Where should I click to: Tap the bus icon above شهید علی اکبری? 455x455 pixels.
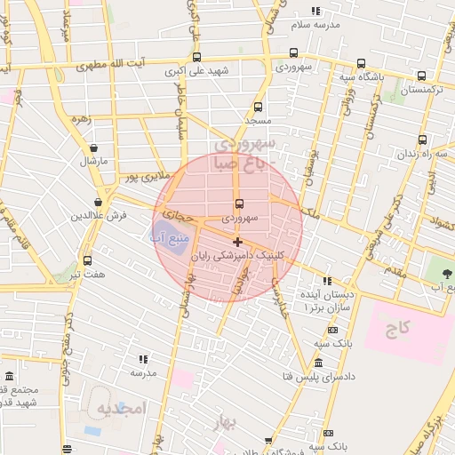[x=196, y=56]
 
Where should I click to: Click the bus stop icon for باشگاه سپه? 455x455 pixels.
[x=360, y=63]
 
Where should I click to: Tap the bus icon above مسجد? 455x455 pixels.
[x=256, y=104]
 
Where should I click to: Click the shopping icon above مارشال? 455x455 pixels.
[x=94, y=148]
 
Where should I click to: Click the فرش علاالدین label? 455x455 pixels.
[x=100, y=216]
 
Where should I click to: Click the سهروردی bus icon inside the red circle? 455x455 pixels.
[x=238, y=203]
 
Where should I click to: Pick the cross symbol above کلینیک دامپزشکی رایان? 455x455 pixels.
[x=237, y=242]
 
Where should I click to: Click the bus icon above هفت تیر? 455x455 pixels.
[x=87, y=260]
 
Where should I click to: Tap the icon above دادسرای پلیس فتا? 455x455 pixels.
[x=318, y=363]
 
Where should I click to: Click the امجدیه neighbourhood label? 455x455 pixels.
[x=120, y=411]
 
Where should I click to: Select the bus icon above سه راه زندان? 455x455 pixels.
[x=422, y=140]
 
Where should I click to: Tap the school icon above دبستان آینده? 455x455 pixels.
[x=328, y=280]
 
